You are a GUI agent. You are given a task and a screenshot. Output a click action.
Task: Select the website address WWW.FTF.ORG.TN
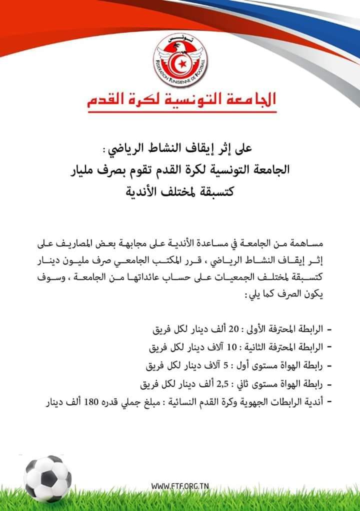click(x=180, y=485)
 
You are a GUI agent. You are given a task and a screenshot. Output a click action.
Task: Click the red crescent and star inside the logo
click(x=180, y=62)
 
